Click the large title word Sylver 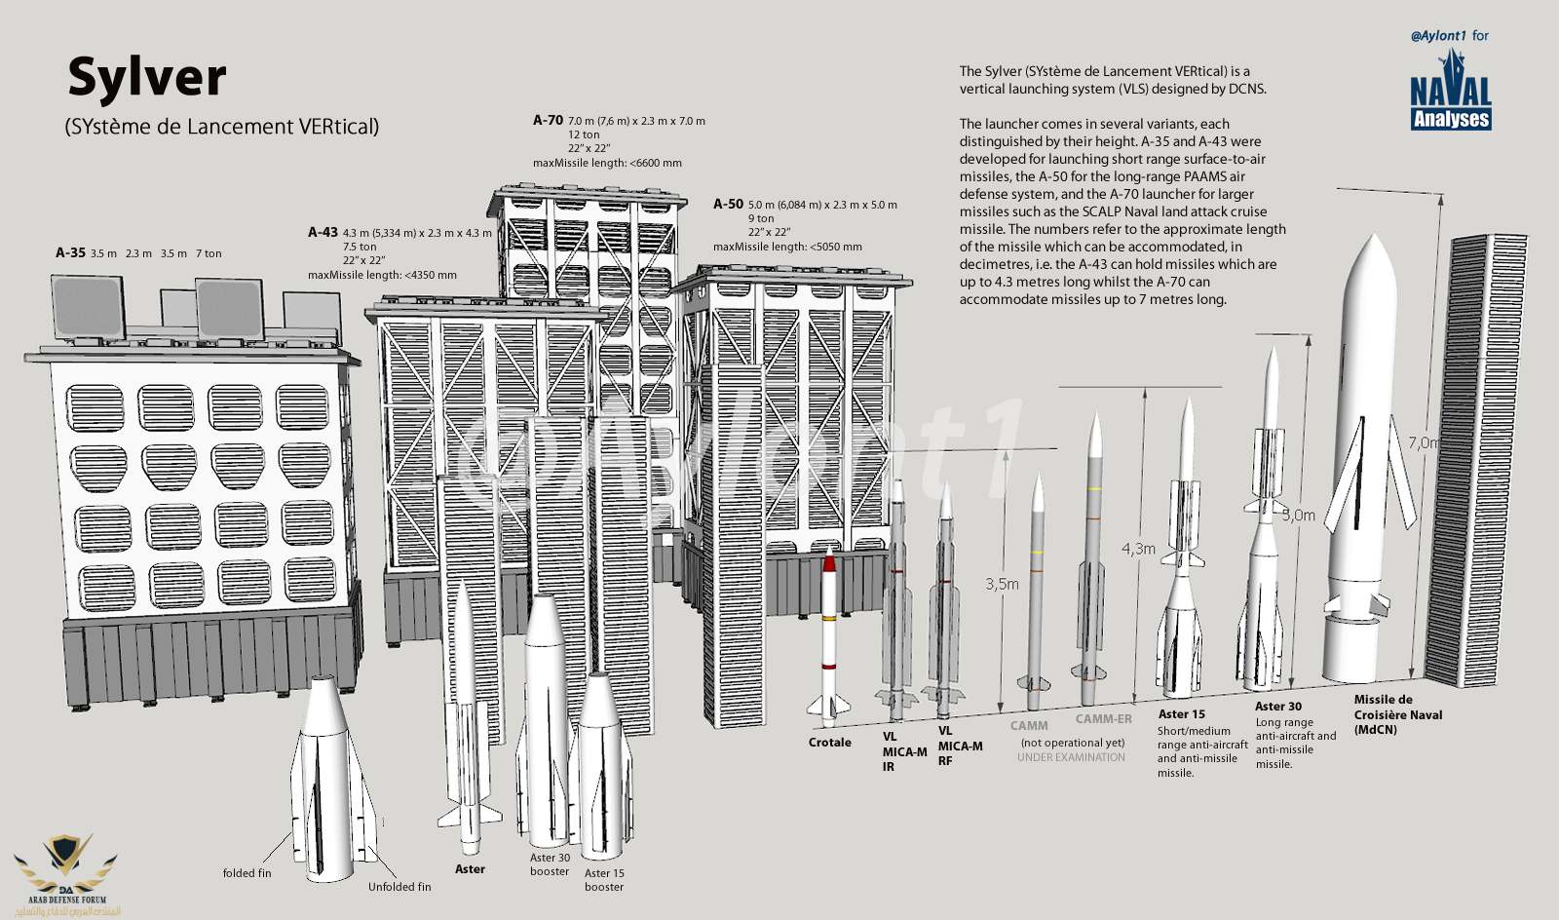pyautogui.click(x=147, y=78)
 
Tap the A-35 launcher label pyautogui.click(x=71, y=253)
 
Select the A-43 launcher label pyautogui.click(x=323, y=233)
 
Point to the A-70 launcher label pyautogui.click(x=548, y=121)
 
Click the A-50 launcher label pyautogui.click(x=728, y=205)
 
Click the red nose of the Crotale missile pyautogui.click(x=829, y=560)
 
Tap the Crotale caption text pyautogui.click(x=829, y=743)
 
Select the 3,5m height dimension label pyautogui.click(x=1002, y=585)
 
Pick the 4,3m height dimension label pyautogui.click(x=1137, y=550)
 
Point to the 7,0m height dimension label pyautogui.click(x=1423, y=443)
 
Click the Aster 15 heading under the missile pyautogui.click(x=1181, y=714)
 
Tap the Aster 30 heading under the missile pyautogui.click(x=1277, y=707)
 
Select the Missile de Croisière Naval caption pyautogui.click(x=1397, y=714)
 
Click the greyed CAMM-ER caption pyautogui.click(x=1103, y=719)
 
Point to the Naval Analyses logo pyautogui.click(x=1451, y=94)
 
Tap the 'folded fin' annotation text pyautogui.click(x=247, y=873)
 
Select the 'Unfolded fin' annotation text pyautogui.click(x=399, y=887)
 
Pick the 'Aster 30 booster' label pyautogui.click(x=550, y=864)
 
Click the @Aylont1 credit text pyautogui.click(x=1438, y=36)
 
